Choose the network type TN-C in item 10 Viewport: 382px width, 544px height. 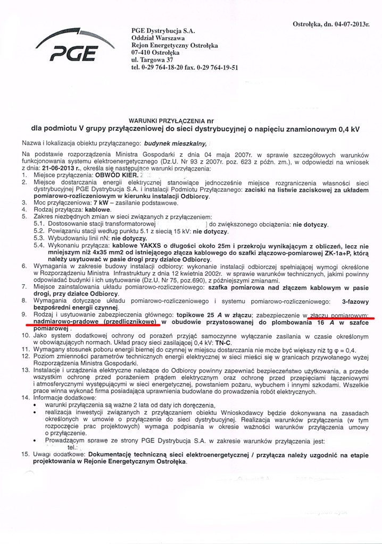tap(225, 343)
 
